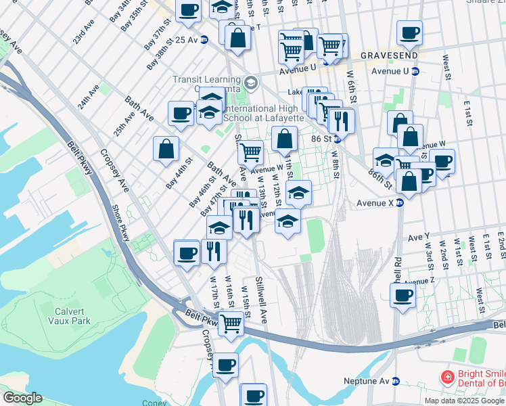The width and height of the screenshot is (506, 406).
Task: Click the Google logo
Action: (x=22, y=398)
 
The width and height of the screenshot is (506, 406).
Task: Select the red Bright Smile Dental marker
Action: (x=446, y=377)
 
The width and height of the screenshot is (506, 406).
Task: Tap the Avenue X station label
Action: (x=374, y=202)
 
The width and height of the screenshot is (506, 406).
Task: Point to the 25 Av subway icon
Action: (x=204, y=40)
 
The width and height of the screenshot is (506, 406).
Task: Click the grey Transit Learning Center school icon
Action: (x=251, y=83)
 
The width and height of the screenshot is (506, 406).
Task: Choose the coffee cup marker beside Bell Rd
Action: (x=403, y=296)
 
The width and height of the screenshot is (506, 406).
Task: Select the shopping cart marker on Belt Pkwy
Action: (x=231, y=323)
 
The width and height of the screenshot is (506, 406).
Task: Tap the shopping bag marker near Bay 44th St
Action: (x=166, y=148)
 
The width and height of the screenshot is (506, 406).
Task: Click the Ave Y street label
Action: (x=419, y=237)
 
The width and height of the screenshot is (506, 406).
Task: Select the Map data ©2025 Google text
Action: (x=464, y=400)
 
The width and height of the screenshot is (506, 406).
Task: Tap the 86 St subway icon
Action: (x=336, y=139)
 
